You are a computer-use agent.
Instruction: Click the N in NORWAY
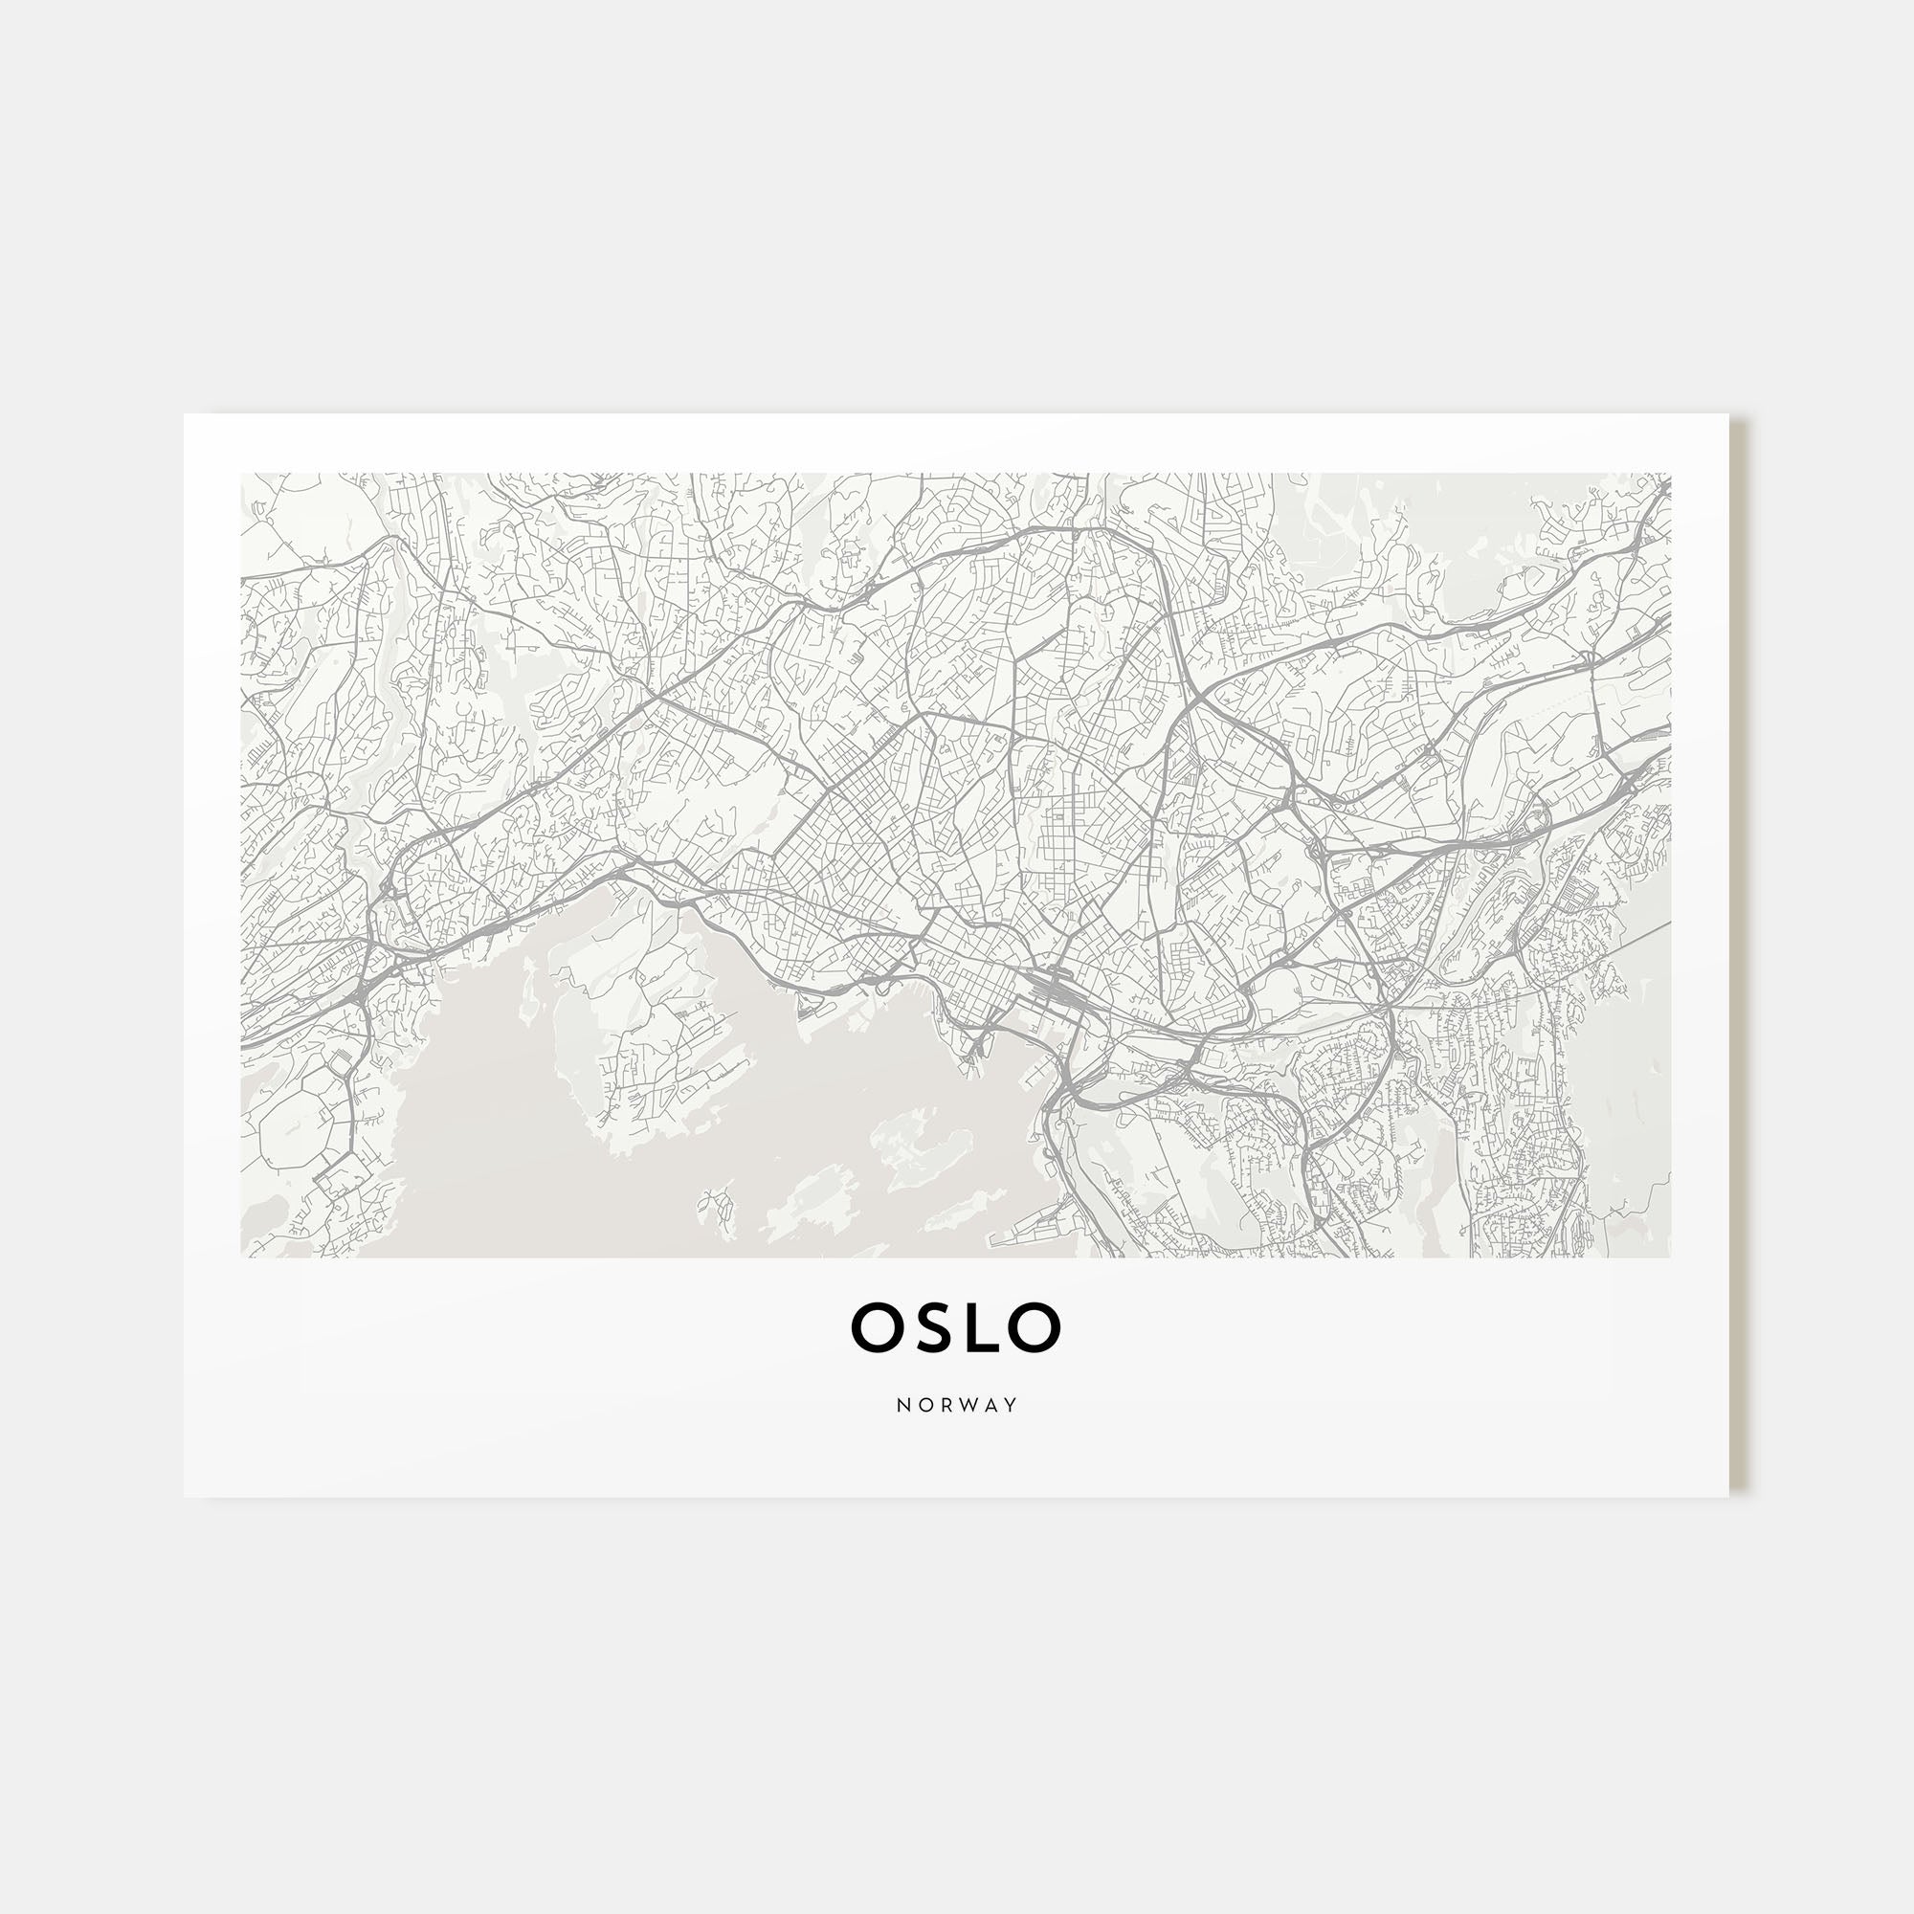point(903,1405)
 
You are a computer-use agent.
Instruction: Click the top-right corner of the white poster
point(1728,415)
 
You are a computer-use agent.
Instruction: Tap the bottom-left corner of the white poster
point(185,1497)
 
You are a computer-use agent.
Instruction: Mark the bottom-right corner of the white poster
point(1728,1497)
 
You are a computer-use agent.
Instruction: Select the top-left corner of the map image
point(242,474)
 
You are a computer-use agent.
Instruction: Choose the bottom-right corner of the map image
point(1670,1258)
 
